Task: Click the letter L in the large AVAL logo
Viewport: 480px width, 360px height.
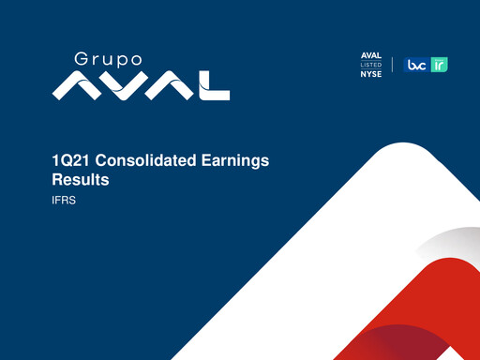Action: [x=215, y=86]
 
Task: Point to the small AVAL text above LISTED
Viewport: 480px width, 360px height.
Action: [x=371, y=55]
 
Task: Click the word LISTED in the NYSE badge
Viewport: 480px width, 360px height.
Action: [x=371, y=64]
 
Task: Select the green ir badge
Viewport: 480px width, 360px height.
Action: [x=439, y=65]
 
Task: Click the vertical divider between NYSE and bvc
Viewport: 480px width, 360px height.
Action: [x=393, y=64]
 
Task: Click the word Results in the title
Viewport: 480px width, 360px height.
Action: [x=81, y=179]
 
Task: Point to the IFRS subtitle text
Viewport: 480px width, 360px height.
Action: [x=64, y=200]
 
